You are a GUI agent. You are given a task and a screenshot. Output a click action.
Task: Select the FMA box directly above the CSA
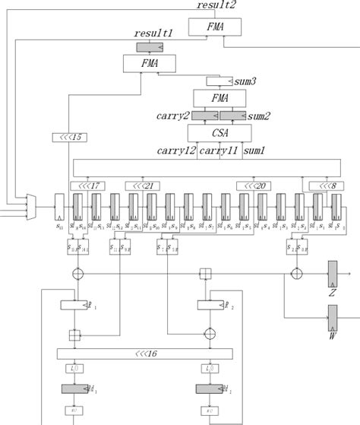219,97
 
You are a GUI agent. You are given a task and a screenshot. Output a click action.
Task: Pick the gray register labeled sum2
235,115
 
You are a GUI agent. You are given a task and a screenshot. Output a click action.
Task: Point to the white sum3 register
220,81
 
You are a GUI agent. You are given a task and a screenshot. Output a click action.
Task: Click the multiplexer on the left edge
31,204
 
